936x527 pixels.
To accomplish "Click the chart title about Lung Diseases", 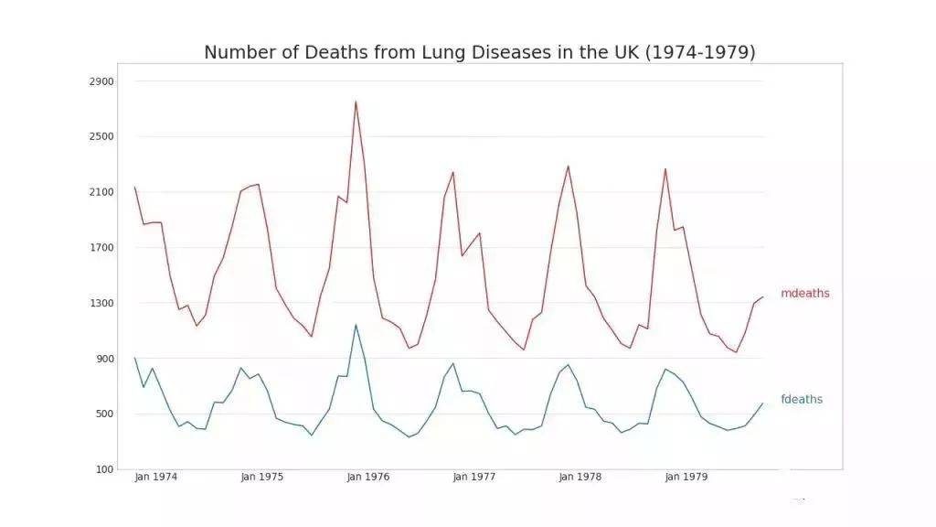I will click(479, 52).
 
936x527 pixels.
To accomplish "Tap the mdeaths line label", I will click(804, 294).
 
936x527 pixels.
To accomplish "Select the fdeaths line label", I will click(802, 400).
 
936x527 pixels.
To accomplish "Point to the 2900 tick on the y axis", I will click(102, 81).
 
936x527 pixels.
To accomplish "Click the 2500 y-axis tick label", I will click(102, 136).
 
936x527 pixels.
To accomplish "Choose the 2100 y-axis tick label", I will click(102, 192).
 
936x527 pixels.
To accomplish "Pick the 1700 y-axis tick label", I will click(102, 247).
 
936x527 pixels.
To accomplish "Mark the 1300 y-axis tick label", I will click(102, 303).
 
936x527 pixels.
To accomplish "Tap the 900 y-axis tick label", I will click(105, 359).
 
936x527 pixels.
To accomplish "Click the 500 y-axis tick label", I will click(105, 414).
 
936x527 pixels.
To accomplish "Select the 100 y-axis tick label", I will click(105, 469).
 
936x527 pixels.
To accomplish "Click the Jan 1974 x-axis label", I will click(155, 477).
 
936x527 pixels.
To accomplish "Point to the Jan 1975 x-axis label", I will click(261, 477).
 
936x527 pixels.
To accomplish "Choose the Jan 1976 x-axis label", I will click(367, 477).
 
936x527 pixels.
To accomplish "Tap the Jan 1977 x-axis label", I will click(473, 477).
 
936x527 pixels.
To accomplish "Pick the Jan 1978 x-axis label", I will click(580, 477).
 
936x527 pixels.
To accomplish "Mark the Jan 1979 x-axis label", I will click(686, 477).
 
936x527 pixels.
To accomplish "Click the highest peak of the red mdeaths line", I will click(356, 102).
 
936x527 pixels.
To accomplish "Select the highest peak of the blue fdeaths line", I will click(356, 325).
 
